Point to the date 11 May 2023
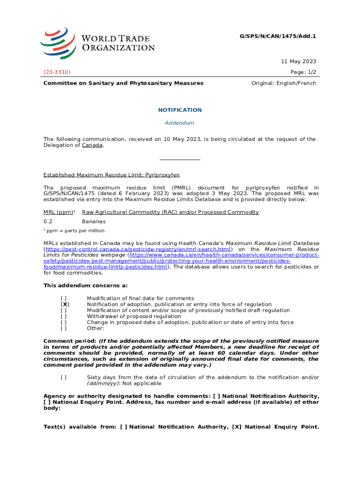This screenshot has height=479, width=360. click(298, 62)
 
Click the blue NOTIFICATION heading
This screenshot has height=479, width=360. click(180, 110)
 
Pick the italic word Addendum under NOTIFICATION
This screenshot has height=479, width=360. click(180, 123)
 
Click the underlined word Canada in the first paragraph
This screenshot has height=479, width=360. click(92, 145)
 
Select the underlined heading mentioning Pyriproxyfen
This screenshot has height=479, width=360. click(112, 175)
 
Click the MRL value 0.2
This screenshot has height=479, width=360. click(48, 221)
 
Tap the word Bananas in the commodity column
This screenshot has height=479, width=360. click(94, 221)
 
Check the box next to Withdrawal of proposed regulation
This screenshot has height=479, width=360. click(64, 317)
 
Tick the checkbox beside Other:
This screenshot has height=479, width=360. click(64, 328)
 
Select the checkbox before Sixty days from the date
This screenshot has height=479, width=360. click(64, 377)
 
